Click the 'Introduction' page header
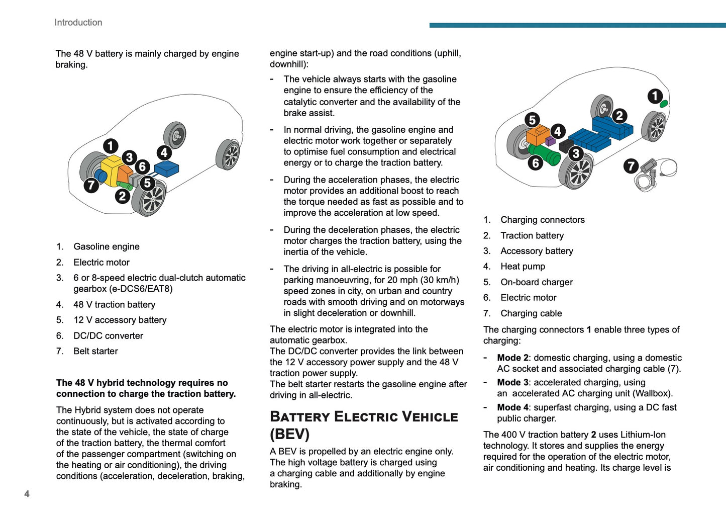(78, 23)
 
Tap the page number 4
(27, 494)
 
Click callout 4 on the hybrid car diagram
(164, 152)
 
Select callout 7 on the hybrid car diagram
(91, 185)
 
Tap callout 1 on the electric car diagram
(655, 96)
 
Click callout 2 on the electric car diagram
(619, 116)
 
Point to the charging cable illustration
(657, 174)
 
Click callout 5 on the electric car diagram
(532, 120)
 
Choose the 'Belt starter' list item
(95, 351)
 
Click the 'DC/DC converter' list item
(108, 335)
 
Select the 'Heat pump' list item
(523, 267)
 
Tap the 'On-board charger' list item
(537, 282)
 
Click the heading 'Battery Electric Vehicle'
(364, 417)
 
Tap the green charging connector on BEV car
(663, 104)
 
